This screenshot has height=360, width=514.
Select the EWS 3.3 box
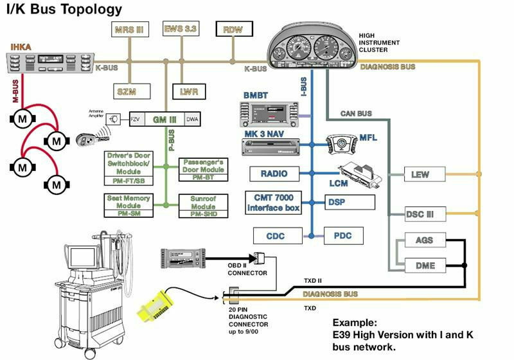point(181,29)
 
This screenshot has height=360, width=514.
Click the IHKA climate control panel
point(49,63)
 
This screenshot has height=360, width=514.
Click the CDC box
point(278,236)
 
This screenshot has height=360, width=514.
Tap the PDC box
point(342,236)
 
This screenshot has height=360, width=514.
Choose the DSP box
point(349,202)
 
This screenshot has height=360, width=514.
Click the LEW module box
point(419,174)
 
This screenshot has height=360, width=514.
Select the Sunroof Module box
point(203,204)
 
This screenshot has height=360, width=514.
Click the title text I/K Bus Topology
point(64,10)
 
